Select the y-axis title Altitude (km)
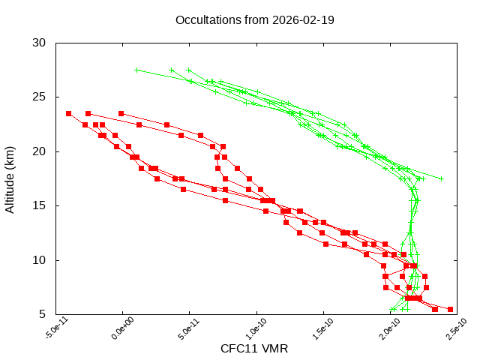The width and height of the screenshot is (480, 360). (10, 178)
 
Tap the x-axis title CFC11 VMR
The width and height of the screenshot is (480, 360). (254, 349)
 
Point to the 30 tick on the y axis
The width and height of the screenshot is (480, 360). (40, 43)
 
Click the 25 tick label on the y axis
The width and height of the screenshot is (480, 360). (40, 97)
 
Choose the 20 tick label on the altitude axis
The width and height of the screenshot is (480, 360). (40, 151)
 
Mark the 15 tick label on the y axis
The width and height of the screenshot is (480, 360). (40, 205)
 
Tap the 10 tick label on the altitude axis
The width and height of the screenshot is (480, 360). (40, 260)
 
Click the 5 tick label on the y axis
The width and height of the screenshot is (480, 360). (43, 314)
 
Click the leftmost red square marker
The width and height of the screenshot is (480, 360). (68, 113)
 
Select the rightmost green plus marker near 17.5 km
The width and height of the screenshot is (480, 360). (441, 178)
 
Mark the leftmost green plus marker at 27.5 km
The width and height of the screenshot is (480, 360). (136, 70)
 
